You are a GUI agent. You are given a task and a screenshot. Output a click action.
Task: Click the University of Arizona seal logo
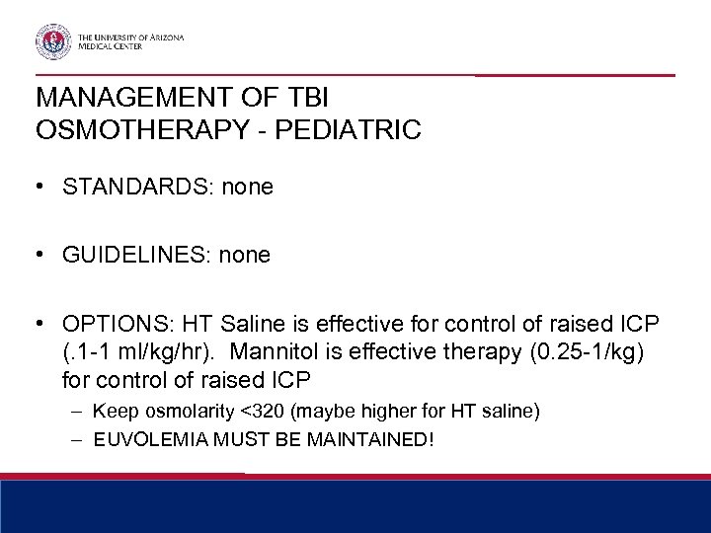pos(52,40)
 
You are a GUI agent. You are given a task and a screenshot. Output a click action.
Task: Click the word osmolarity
pos(200,410)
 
